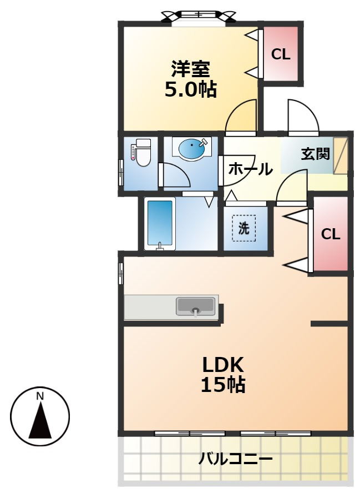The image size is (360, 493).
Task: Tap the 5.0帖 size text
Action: [191, 89]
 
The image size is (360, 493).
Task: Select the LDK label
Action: [223, 365]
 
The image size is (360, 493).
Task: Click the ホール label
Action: [250, 169]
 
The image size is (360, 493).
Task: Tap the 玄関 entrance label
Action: [316, 154]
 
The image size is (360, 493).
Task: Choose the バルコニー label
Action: [236, 460]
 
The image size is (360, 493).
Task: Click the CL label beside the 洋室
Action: [281, 54]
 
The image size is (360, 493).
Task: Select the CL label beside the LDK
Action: [331, 234]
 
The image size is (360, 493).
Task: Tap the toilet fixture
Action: [141, 152]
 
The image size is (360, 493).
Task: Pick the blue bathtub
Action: [160, 224]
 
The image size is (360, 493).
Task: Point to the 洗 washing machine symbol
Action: [244, 228]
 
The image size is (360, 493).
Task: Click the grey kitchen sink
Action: [195, 306]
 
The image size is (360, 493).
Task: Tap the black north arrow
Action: [40, 421]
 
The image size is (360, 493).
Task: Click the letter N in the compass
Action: [40, 396]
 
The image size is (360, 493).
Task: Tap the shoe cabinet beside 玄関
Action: [340, 155]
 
